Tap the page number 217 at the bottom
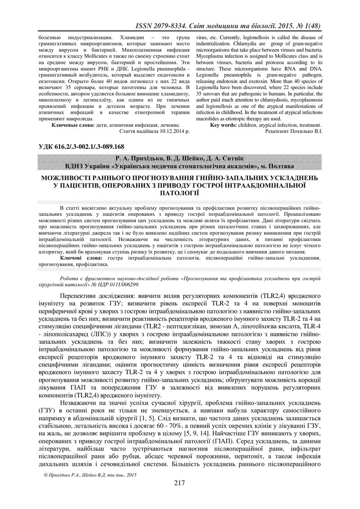[x=180, y=483]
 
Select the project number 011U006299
[x=121, y=285]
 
